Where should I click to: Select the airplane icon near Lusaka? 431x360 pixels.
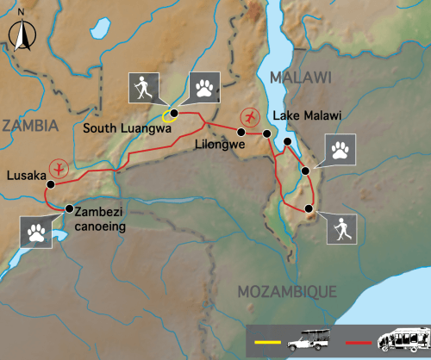pos(59,167)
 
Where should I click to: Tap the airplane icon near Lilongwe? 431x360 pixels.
pos(251,115)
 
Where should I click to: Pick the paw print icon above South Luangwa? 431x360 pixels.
pos(204,86)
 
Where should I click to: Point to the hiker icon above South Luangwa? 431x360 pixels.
pos(143,86)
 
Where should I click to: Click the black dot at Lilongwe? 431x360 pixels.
pos(266,133)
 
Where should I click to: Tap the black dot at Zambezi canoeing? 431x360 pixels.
pos(70,208)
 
